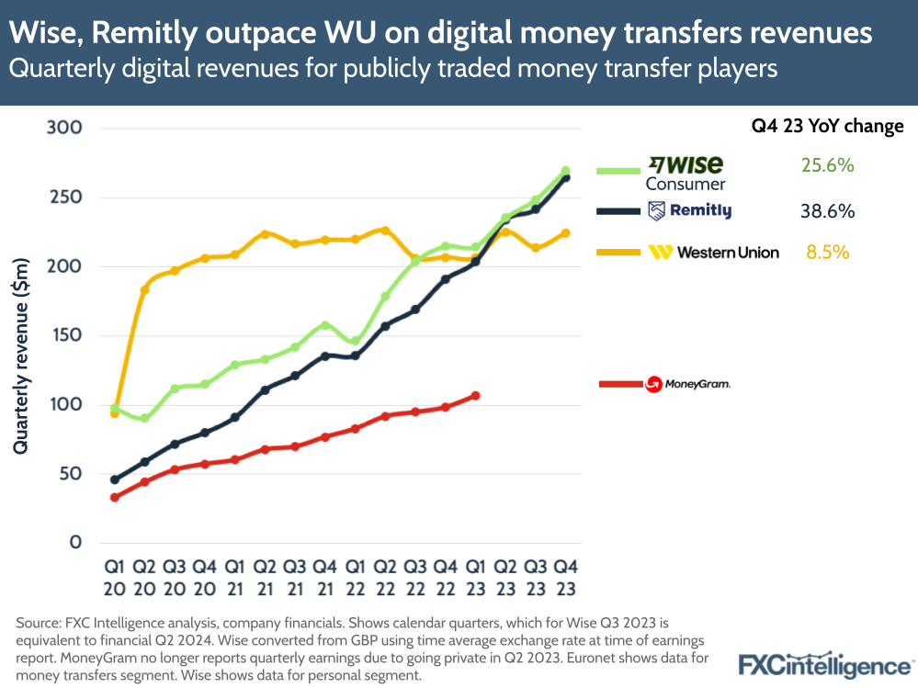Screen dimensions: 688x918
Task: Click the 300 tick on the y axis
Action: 65,128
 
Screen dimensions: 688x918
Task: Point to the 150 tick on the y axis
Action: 65,335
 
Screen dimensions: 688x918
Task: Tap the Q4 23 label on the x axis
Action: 565,576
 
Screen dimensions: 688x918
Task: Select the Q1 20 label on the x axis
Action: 114,576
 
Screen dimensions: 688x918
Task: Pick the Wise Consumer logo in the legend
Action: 686,172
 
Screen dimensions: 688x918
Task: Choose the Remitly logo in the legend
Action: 689,211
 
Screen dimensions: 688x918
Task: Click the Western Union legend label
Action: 727,252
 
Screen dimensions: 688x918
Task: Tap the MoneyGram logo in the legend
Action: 687,384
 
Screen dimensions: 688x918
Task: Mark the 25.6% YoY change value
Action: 828,166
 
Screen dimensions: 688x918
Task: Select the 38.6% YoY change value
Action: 828,211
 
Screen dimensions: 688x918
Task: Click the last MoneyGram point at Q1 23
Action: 475,396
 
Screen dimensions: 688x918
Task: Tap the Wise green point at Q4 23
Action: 565,171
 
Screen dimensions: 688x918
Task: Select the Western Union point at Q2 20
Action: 144,290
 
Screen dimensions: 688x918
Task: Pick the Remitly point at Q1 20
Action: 114,479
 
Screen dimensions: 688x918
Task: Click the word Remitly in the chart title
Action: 125,34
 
